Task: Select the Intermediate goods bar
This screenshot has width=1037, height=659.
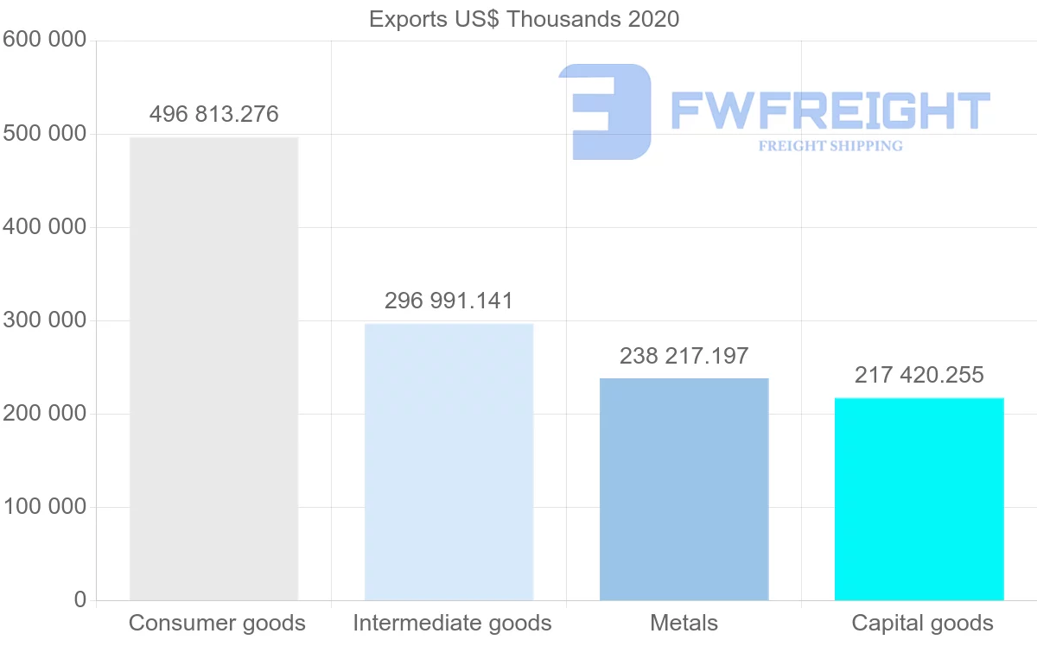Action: click(x=449, y=462)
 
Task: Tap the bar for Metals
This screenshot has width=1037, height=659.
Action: click(x=684, y=489)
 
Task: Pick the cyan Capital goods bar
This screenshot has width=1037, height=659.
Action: click(x=919, y=499)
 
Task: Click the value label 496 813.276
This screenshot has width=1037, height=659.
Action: click(x=213, y=114)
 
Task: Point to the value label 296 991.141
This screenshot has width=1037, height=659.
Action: click(x=449, y=301)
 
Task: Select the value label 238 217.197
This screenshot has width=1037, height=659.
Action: click(x=684, y=356)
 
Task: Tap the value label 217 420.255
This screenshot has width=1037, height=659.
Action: click(x=919, y=375)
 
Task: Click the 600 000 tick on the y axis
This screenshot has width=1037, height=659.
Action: click(x=44, y=40)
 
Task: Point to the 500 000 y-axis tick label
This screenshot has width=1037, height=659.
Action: click(x=44, y=134)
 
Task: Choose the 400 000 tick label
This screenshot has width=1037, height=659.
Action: click(x=44, y=227)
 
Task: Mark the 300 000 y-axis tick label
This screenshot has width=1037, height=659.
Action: click(x=44, y=320)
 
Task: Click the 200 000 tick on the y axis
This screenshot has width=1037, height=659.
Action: click(x=44, y=414)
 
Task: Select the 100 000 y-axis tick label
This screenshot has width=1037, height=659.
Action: click(x=44, y=507)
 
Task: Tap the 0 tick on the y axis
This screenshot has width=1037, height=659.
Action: click(x=80, y=599)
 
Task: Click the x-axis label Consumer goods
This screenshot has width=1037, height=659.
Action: click(x=217, y=623)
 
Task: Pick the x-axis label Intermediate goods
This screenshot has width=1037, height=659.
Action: click(x=452, y=623)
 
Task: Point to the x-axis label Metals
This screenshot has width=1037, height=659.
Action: click(x=684, y=623)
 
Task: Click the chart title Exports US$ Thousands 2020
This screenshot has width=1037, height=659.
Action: click(x=524, y=19)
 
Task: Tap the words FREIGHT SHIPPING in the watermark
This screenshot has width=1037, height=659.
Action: click(x=830, y=146)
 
